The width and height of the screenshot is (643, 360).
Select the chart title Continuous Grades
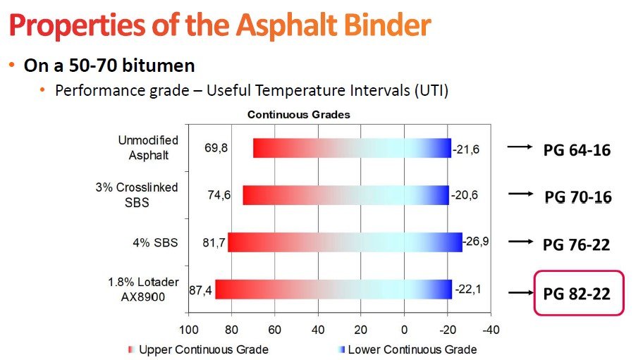298,115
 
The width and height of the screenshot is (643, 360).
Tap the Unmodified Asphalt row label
148,147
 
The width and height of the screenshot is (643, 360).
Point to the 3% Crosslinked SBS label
137,194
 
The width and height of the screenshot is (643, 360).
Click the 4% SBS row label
155,242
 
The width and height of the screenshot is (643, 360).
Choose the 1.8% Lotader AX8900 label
143,289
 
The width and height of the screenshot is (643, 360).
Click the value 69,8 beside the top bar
216,148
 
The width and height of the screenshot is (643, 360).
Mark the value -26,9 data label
476,241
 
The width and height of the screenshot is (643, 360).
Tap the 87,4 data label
200,290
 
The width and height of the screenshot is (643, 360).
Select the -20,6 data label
464,194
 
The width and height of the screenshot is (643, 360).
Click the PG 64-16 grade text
577,150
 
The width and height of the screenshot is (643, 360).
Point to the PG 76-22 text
576,245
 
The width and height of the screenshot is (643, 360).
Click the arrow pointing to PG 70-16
520,194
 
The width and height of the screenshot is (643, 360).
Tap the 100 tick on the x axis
189,330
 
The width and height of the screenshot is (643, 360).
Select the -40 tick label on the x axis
491,330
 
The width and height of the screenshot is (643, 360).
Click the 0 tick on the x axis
404,330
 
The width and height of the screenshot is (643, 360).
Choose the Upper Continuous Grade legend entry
199,349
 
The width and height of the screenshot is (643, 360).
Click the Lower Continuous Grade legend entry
408,349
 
